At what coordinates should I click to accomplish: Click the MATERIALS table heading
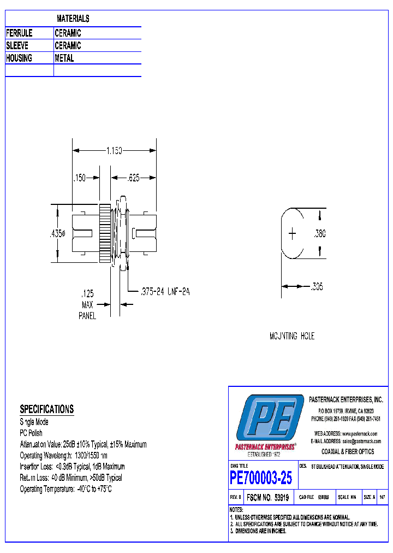click(x=73, y=19)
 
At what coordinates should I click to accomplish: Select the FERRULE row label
click(x=19, y=33)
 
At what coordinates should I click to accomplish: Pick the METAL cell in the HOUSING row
click(x=64, y=58)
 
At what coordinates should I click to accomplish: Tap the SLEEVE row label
click(x=17, y=46)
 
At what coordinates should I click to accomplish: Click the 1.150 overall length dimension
click(x=114, y=150)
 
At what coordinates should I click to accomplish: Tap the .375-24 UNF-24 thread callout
click(x=165, y=292)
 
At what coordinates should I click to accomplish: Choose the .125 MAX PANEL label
click(x=88, y=304)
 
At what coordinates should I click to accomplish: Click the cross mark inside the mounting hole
click(x=293, y=234)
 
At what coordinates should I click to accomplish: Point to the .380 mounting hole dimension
click(x=320, y=234)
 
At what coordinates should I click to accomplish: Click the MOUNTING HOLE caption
click(x=292, y=336)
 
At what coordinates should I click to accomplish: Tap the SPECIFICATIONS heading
click(x=46, y=409)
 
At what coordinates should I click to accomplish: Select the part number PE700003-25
click(x=261, y=479)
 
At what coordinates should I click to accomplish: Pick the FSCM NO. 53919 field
click(x=267, y=498)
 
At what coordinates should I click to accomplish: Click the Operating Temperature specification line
click(x=65, y=489)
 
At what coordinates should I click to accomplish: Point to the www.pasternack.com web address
click(x=360, y=433)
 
